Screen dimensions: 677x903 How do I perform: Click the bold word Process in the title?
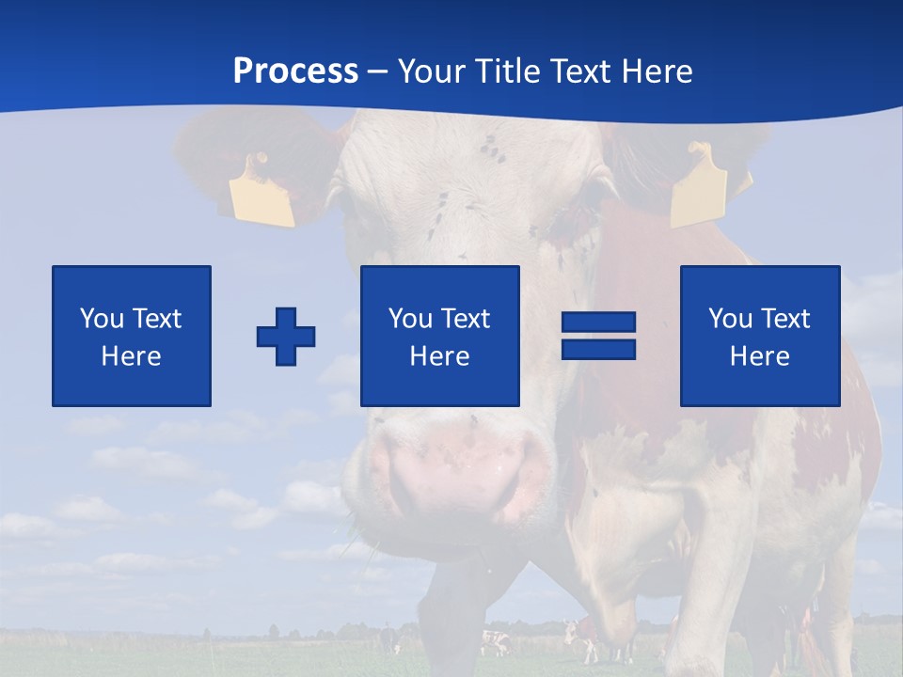(295, 71)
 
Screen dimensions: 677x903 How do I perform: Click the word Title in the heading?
(508, 71)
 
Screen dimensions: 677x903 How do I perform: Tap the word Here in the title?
(655, 71)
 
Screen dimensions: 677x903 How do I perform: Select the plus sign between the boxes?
(286, 337)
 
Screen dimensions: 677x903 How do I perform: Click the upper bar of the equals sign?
(598, 323)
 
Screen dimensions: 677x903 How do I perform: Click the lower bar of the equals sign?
(598, 349)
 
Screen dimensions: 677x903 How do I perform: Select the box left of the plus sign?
(131, 336)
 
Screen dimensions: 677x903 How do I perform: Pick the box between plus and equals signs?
(439, 336)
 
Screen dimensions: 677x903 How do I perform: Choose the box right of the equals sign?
(759, 336)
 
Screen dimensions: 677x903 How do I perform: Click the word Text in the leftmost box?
(156, 319)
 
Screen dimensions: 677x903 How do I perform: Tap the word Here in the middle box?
(439, 356)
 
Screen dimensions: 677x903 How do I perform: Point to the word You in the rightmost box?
(731, 319)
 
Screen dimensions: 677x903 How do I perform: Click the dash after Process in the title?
(378, 71)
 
